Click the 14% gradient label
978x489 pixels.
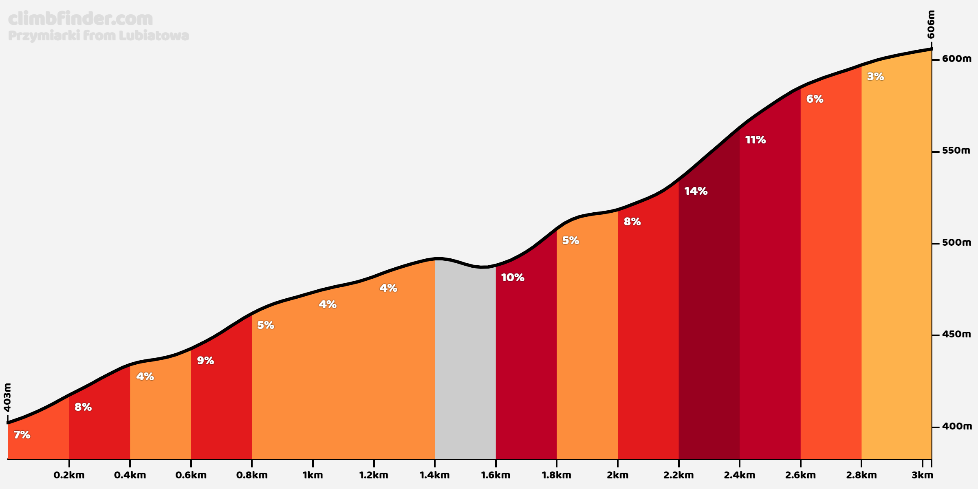pos(696,191)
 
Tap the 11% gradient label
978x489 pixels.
pos(755,140)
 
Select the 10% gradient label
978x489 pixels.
pos(513,278)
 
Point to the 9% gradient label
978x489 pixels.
pos(205,361)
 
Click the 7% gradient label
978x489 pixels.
pos(22,435)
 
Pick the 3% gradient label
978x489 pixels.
pos(875,77)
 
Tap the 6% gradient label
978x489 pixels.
pos(815,99)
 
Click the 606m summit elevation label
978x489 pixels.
pos(931,24)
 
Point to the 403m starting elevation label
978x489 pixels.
pos(7,398)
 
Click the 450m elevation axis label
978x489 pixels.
pos(957,335)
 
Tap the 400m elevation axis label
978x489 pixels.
pos(957,427)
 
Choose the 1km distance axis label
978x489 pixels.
pos(313,475)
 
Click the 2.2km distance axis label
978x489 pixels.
pos(678,475)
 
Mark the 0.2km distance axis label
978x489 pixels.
pos(69,475)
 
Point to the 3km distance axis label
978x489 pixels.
pos(922,475)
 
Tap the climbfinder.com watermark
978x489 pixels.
pos(80,19)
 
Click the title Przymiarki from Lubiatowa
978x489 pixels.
pos(98,36)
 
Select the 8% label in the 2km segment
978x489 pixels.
pos(632,222)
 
